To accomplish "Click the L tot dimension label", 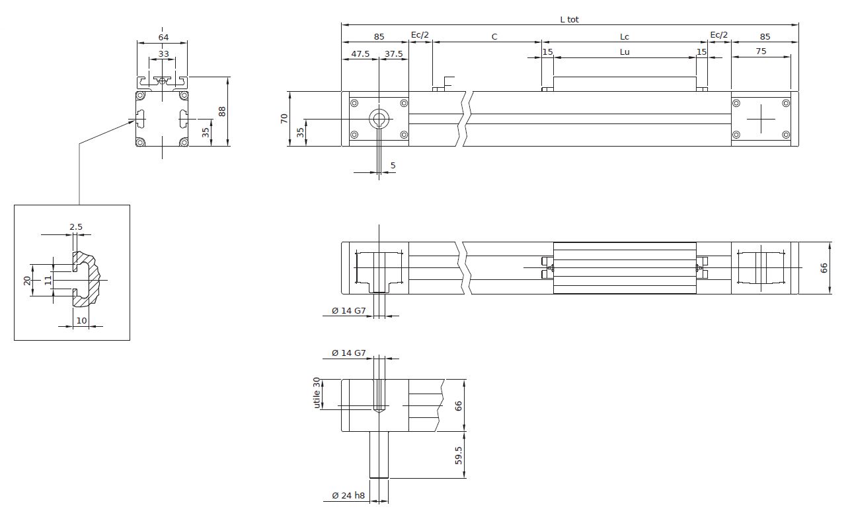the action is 569,20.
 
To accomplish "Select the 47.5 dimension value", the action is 360,54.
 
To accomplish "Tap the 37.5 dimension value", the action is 393,54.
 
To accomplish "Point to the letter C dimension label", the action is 494,36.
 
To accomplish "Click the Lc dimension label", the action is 625,36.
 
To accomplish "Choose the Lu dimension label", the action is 625,52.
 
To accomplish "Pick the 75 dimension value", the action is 761,52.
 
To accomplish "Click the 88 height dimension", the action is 222,112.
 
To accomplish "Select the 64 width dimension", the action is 163,38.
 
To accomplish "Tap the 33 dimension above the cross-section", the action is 163,54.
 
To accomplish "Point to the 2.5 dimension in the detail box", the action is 76,226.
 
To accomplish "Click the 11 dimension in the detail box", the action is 48,281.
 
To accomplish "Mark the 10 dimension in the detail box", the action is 81,320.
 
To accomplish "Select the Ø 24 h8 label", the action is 348,495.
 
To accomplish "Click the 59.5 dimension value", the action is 458,455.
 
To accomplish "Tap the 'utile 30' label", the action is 317,393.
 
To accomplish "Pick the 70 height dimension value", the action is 284,118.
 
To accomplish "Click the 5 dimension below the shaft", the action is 393,165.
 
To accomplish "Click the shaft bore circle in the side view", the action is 379,119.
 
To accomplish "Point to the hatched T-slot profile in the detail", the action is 86,279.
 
